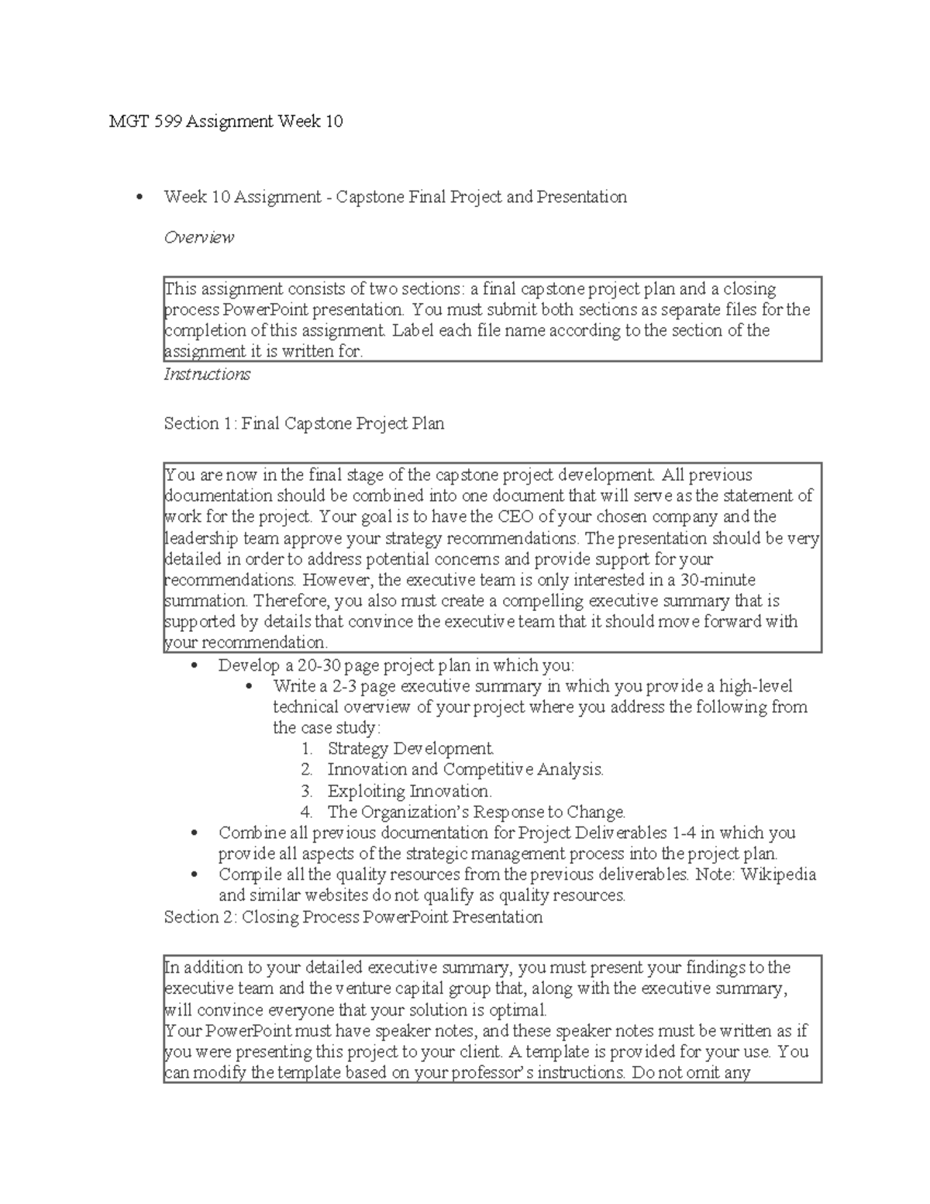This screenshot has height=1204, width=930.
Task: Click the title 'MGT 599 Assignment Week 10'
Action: pyautogui.click(x=226, y=122)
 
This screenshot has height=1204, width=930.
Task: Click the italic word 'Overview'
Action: pyautogui.click(x=198, y=237)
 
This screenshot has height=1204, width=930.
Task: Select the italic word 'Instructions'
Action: pyautogui.click(x=207, y=374)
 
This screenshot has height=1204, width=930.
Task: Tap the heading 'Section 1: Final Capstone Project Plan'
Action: pyautogui.click(x=304, y=424)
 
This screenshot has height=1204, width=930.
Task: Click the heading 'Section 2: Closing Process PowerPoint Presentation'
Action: pyautogui.click(x=353, y=917)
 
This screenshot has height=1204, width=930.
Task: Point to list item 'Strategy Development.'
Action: pyautogui.click(x=411, y=749)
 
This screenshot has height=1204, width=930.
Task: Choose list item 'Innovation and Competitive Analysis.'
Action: pyautogui.click(x=465, y=770)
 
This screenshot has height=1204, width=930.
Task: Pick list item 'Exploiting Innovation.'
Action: pyautogui.click(x=409, y=792)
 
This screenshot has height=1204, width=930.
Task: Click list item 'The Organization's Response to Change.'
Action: pyautogui.click(x=476, y=812)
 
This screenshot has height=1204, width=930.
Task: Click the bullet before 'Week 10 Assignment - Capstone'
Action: pyautogui.click(x=139, y=198)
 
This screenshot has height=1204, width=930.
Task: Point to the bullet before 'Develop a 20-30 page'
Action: pyautogui.click(x=195, y=666)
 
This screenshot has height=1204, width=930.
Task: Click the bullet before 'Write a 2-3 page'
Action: pyautogui.click(x=249, y=687)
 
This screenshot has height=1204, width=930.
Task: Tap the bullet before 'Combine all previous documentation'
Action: pyautogui.click(x=195, y=833)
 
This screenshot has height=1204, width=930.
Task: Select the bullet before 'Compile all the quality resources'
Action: pyautogui.click(x=195, y=875)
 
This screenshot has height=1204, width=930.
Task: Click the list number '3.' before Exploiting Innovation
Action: pyautogui.click(x=307, y=792)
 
